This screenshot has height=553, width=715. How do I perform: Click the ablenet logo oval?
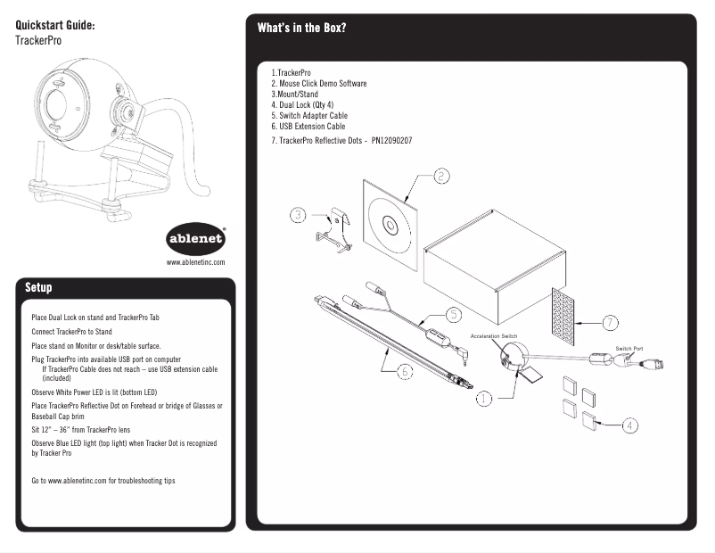[x=196, y=240]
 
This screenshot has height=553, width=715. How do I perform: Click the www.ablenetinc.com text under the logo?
[x=195, y=262]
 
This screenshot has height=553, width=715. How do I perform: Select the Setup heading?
[x=38, y=287]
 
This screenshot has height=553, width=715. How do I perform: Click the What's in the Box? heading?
[x=301, y=28]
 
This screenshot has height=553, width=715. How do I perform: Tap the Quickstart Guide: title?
[x=55, y=25]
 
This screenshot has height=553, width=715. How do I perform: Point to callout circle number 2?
[x=441, y=176]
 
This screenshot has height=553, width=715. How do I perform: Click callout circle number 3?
[x=299, y=214]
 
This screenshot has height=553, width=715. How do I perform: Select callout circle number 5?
[x=453, y=314]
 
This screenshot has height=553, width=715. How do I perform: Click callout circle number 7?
[x=610, y=321]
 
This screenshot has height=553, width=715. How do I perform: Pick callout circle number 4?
[x=629, y=425]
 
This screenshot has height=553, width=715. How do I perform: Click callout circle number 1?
[x=483, y=398]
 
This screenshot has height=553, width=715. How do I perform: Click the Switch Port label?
[x=629, y=348]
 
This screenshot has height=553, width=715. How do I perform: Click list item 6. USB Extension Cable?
[x=308, y=127]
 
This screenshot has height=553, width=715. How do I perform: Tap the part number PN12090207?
[x=391, y=141]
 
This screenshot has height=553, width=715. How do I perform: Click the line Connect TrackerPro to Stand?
[x=71, y=331]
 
